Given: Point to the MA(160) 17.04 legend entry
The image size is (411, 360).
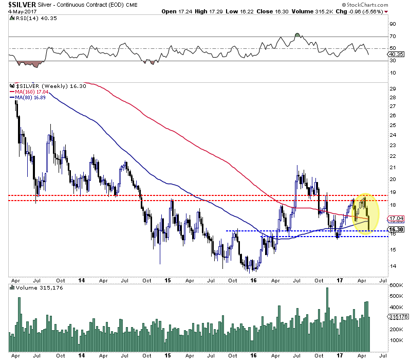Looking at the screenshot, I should (x=34, y=92).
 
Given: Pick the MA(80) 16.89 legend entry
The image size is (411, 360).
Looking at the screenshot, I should (x=33, y=97).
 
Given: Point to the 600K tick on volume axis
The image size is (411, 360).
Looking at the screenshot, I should (x=395, y=285).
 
